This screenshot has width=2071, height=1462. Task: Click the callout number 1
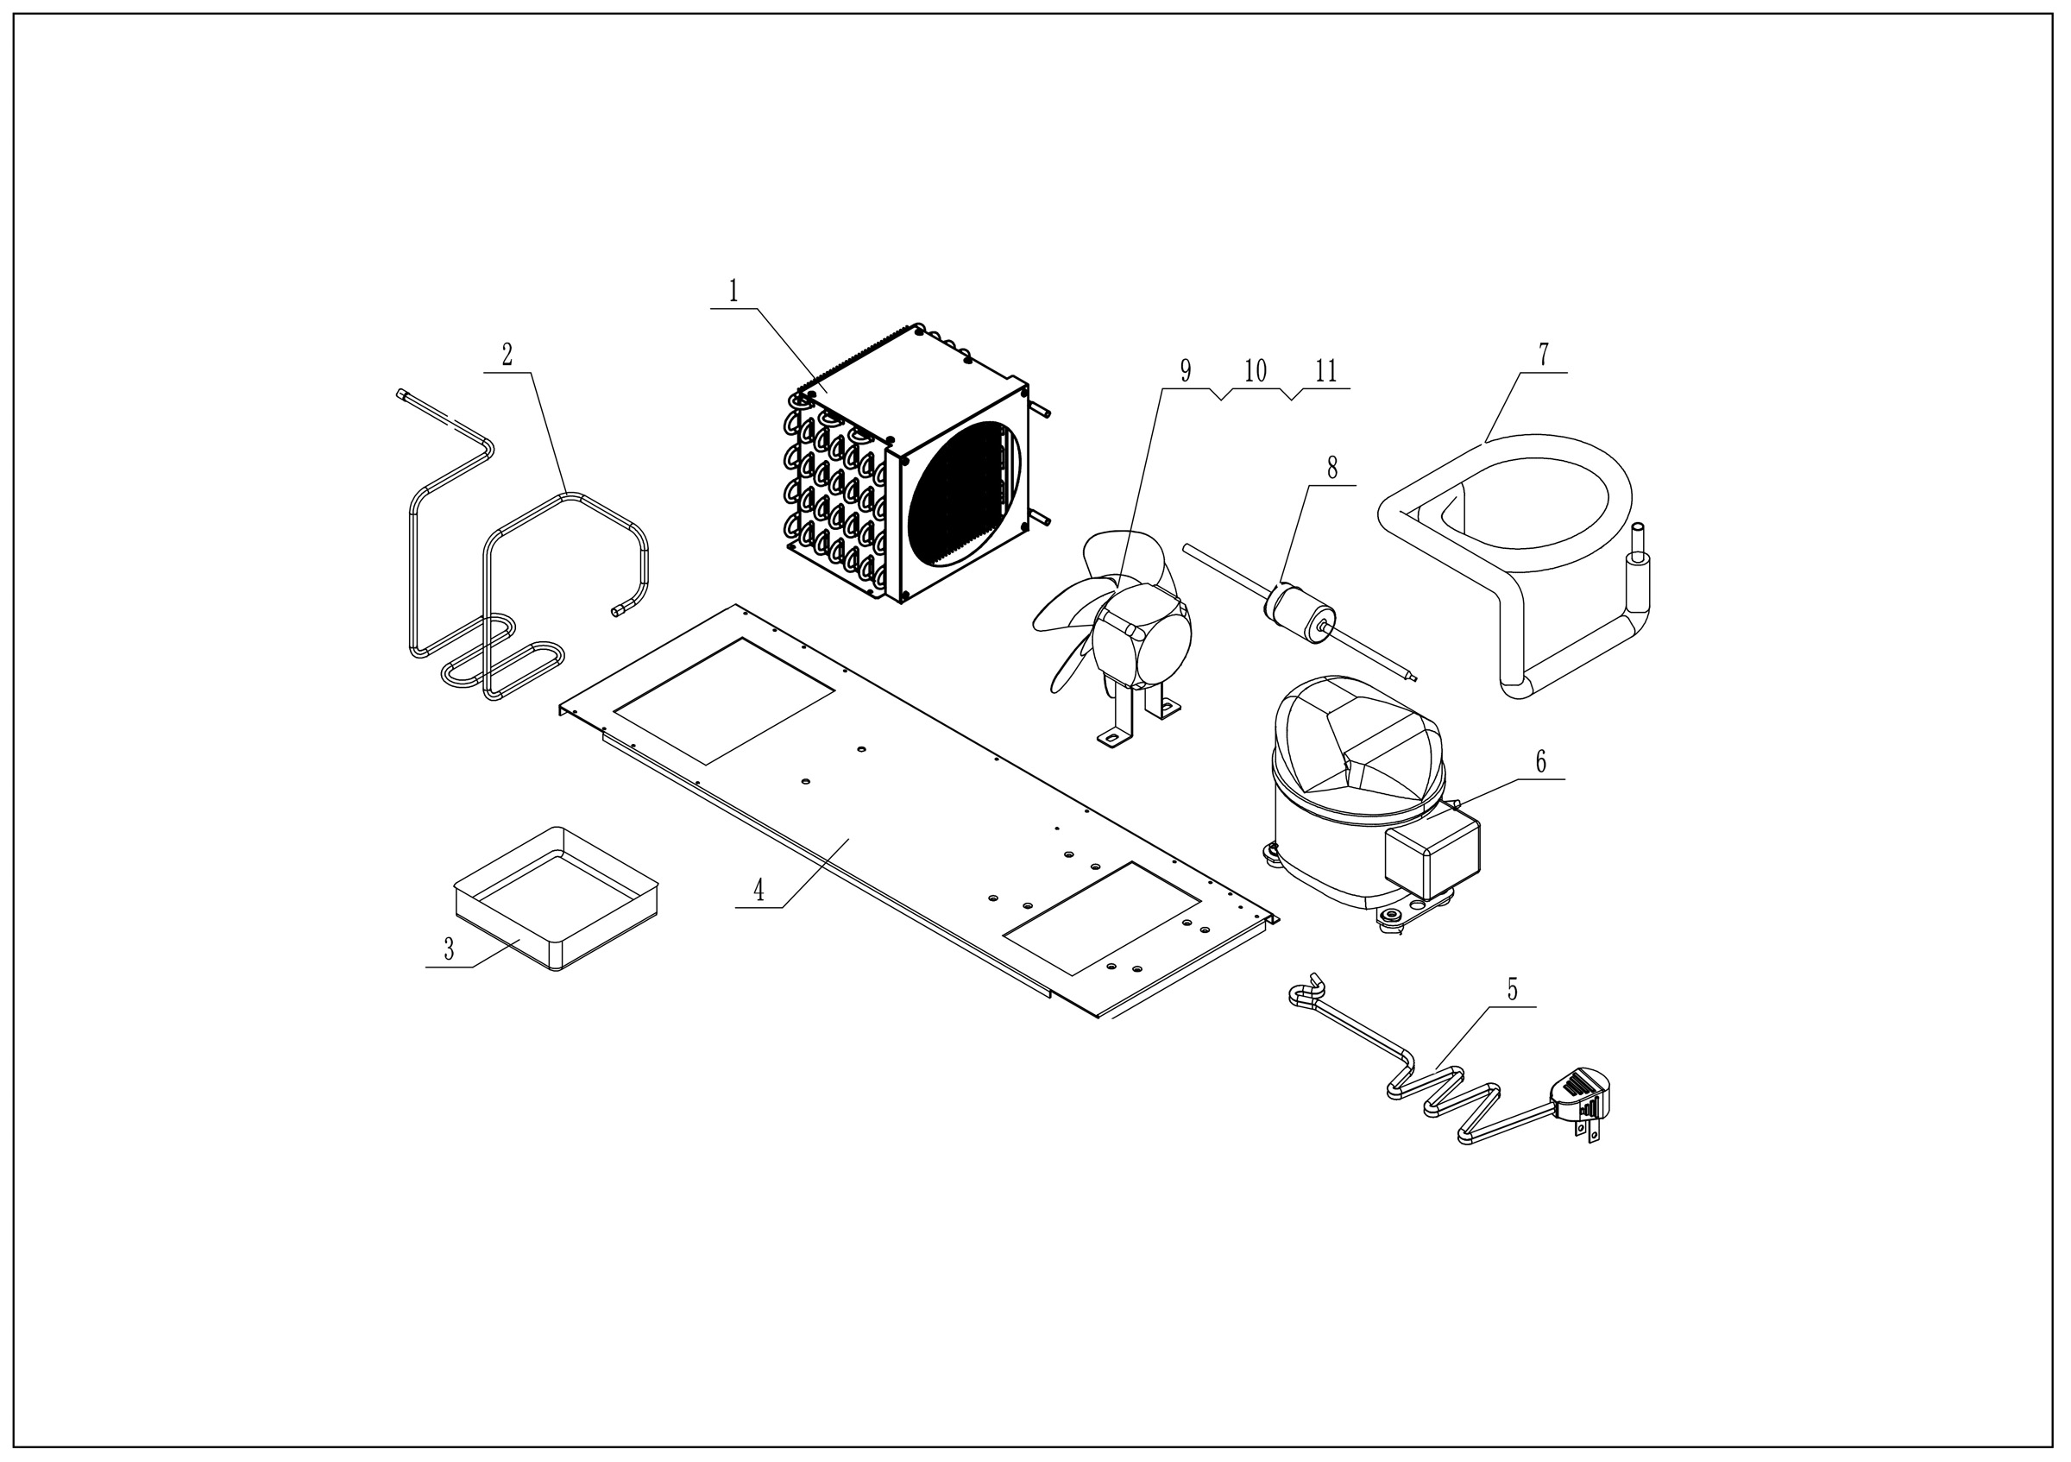(733, 292)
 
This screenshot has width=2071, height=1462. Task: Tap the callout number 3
(449, 948)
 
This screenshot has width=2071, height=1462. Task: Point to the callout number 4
(759, 890)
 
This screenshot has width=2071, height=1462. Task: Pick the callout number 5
(1513, 990)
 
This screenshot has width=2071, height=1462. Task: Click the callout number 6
(1540, 762)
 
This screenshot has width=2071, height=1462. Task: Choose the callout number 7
(1544, 356)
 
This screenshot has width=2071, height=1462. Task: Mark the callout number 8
(1332, 468)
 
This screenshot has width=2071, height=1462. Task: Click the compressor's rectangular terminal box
(1432, 853)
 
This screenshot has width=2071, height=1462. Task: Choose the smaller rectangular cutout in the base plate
(1102, 917)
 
